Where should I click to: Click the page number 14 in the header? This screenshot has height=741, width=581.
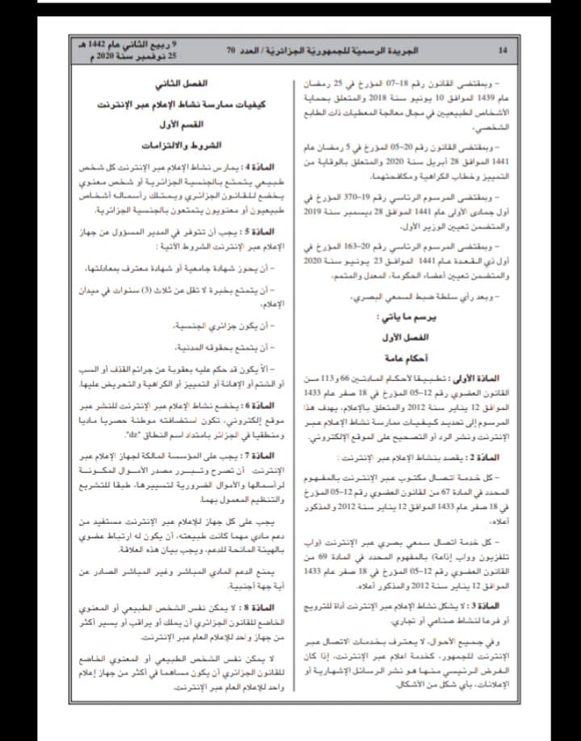click(503, 50)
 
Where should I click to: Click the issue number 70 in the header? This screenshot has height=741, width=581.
click(230, 50)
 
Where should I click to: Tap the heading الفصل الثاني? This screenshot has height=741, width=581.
click(181, 83)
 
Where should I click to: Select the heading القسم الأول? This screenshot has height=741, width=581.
click(181, 125)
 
